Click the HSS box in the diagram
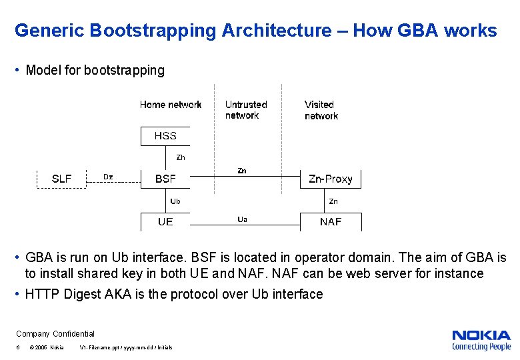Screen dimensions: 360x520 point(165,136)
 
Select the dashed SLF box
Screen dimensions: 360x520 point(61,179)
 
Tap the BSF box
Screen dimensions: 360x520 point(165,179)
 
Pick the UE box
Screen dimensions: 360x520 point(165,222)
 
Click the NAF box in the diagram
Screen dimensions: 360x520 point(331,222)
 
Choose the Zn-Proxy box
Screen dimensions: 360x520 point(331,179)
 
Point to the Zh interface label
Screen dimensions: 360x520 point(180,158)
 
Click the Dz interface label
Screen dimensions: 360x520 point(108,177)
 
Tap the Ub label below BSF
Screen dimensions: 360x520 point(175,201)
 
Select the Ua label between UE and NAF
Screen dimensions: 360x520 point(242,219)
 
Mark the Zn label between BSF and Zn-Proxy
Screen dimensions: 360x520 point(242,171)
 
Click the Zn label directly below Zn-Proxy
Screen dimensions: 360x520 point(333,201)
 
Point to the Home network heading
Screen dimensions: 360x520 point(171,105)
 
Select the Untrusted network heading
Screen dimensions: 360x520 point(245,110)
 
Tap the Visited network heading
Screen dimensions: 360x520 point(321,110)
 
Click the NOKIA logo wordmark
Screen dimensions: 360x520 point(481,335)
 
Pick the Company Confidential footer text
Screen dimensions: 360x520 point(55,334)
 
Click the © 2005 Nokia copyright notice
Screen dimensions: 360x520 point(47,348)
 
